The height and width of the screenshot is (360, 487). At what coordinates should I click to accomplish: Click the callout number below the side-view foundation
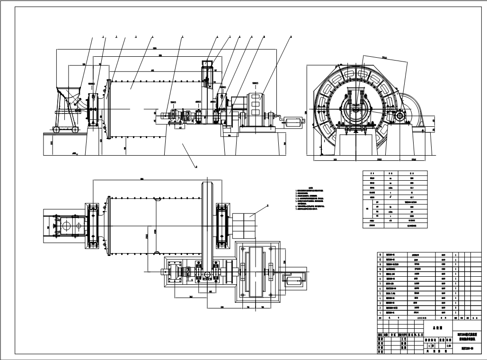[196, 167]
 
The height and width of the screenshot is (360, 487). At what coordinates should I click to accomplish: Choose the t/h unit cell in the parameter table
[390, 220]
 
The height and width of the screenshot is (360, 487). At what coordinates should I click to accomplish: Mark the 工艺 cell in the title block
[404, 339]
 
